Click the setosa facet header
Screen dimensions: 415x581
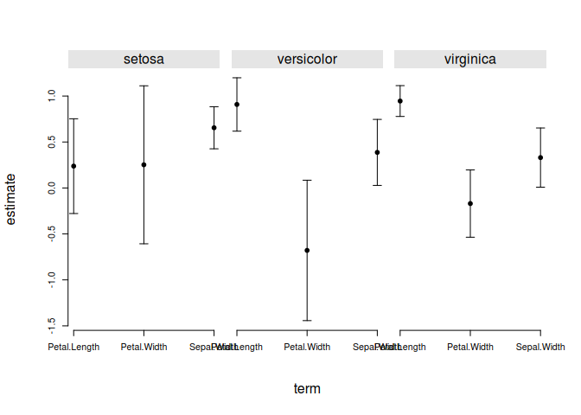tap(144, 60)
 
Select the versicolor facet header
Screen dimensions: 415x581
tap(307, 60)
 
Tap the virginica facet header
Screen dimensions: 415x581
tap(469, 60)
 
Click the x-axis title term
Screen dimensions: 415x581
tap(307, 389)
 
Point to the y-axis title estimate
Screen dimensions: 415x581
tap(11, 198)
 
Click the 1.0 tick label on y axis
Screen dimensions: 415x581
tap(53, 97)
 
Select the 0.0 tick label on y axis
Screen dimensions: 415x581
tap(53, 188)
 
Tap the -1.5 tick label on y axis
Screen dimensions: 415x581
tap(53, 323)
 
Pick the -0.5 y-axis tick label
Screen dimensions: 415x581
tap(53, 233)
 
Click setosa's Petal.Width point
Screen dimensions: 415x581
tap(144, 164)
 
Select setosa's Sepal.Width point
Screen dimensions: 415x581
tap(214, 128)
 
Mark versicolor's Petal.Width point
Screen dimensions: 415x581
tap(307, 251)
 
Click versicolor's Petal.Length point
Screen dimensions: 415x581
tap(237, 105)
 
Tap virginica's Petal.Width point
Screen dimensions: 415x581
tap(469, 203)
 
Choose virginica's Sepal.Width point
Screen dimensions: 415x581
tap(540, 157)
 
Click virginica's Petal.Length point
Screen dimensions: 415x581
tap(400, 101)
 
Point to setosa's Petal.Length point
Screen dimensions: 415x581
tap(73, 166)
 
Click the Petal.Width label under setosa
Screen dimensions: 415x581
tap(144, 348)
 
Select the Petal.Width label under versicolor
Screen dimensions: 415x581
tap(307, 348)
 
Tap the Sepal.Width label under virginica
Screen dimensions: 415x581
tap(540, 348)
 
